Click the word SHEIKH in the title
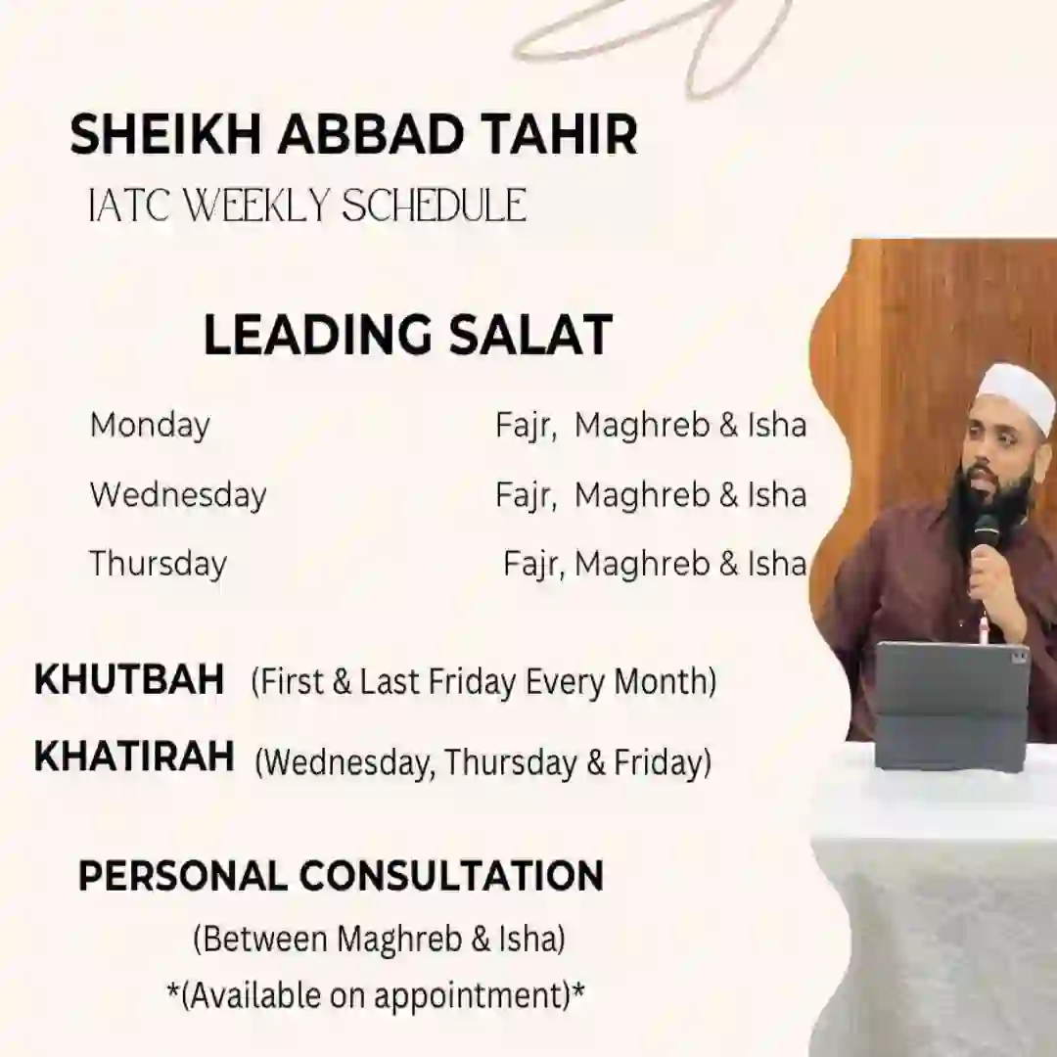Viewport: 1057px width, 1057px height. pos(165,135)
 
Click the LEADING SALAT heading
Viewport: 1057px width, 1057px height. pos(408,335)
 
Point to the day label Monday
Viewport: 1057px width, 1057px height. pos(150,426)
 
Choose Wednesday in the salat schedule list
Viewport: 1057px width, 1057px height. pos(178,495)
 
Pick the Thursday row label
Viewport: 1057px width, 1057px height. pos(158,565)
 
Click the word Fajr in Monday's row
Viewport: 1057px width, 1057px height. pos(526,426)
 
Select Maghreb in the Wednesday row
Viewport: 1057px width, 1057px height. pos(642,495)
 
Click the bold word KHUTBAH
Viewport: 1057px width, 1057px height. pos(129,679)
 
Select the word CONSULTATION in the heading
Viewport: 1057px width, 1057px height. pos(451,876)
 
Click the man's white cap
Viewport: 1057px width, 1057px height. pos(1018,396)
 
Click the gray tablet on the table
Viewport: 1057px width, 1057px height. pos(953,705)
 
